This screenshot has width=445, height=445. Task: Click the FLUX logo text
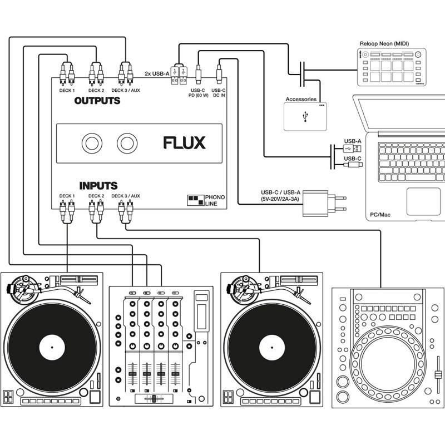click(x=184, y=143)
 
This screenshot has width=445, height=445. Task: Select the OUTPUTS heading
click(x=97, y=101)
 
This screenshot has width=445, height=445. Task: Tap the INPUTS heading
click(x=98, y=186)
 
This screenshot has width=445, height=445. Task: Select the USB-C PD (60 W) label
click(x=199, y=92)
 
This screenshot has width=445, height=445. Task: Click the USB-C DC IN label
click(x=219, y=92)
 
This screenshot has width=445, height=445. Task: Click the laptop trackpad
click(x=423, y=201)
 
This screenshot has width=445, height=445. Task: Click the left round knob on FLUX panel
click(x=91, y=144)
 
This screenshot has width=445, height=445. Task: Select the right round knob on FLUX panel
click(x=127, y=144)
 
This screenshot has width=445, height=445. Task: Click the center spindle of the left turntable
click(x=52, y=348)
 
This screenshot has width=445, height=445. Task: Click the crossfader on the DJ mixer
click(x=151, y=399)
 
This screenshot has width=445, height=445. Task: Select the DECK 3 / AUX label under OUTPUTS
click(x=126, y=90)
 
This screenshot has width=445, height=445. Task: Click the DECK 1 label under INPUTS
click(x=67, y=196)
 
